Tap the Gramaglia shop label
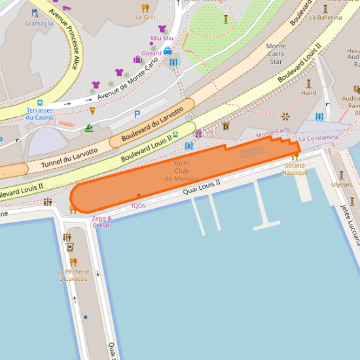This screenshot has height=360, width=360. (39, 23)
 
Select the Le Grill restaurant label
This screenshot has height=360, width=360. (145, 18)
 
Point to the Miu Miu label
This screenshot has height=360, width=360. (162, 38)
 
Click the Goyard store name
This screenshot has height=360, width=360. (151, 53)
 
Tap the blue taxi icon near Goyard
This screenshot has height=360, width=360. (168, 50)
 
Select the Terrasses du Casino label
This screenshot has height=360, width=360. (39, 114)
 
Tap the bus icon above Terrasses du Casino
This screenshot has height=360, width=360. (40, 103)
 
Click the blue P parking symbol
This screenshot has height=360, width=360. (137, 114)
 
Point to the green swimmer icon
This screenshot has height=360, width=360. (88, 128)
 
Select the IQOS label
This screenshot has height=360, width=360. (138, 206)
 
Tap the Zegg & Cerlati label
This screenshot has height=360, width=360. (101, 221)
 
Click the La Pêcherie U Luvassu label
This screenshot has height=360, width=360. (73, 275)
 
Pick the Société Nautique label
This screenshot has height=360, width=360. (295, 169)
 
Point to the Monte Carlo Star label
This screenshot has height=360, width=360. (276, 54)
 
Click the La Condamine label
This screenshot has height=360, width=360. (319, 138)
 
